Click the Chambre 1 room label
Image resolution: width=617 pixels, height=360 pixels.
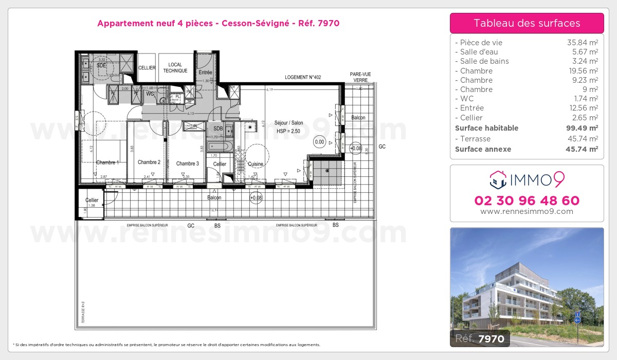click(x=107, y=163)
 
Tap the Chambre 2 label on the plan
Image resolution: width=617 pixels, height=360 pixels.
click(x=149, y=163)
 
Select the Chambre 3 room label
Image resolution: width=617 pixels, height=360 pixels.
click(x=187, y=164)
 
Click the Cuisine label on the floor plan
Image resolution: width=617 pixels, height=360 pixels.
click(x=256, y=164)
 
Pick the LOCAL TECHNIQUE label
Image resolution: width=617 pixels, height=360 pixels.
click(x=175, y=68)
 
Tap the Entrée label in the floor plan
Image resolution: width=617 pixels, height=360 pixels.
click(x=205, y=73)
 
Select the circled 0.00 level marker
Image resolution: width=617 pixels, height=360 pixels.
click(x=319, y=142)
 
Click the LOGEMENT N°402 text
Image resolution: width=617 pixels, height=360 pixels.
click(x=303, y=78)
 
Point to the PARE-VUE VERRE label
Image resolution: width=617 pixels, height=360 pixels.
click(x=360, y=77)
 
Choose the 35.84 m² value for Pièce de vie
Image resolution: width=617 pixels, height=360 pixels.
click(x=582, y=43)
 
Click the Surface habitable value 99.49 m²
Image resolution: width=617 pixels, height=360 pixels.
click(x=582, y=128)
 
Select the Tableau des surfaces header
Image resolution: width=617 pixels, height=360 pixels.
click(x=527, y=23)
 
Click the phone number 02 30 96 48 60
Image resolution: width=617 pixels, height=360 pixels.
click(x=527, y=201)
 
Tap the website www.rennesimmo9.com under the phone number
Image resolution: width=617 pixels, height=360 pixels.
click(x=527, y=211)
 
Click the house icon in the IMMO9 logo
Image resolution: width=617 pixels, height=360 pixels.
click(x=497, y=179)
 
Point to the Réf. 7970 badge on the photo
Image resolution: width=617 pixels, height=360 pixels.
click(x=480, y=338)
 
